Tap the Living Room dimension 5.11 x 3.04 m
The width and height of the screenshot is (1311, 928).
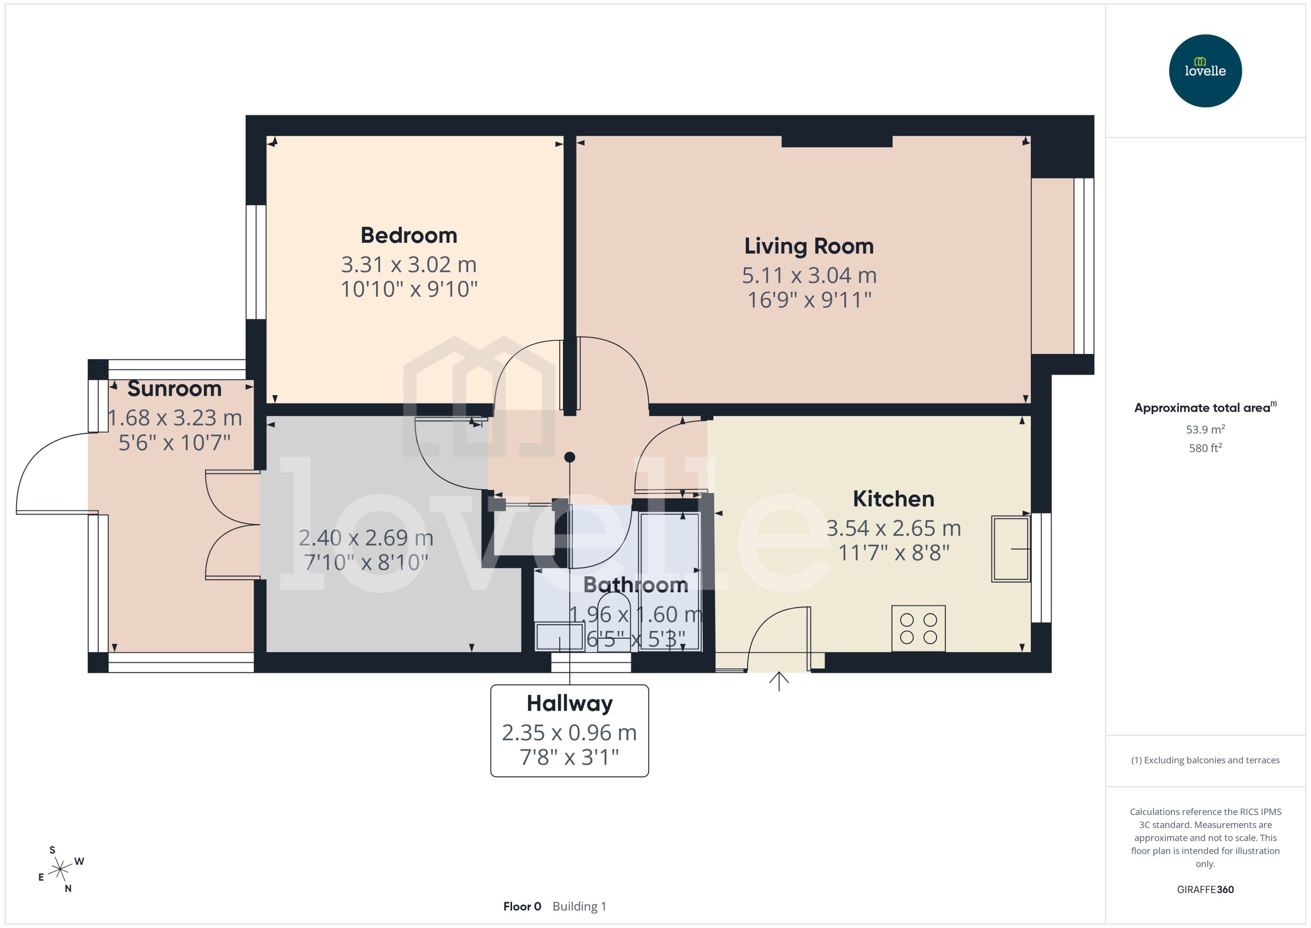click(x=809, y=275)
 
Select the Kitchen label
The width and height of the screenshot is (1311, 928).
click(x=893, y=499)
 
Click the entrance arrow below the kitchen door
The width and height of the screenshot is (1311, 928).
click(x=779, y=681)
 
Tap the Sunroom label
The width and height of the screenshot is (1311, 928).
click(x=174, y=389)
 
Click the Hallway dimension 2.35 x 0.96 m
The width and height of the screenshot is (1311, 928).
click(x=569, y=732)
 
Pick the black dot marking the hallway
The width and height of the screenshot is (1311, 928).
click(x=569, y=457)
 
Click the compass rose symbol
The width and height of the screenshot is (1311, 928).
click(x=60, y=870)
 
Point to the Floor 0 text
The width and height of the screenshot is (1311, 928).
click(x=521, y=906)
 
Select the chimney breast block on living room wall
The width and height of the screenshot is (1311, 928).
click(x=836, y=141)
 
